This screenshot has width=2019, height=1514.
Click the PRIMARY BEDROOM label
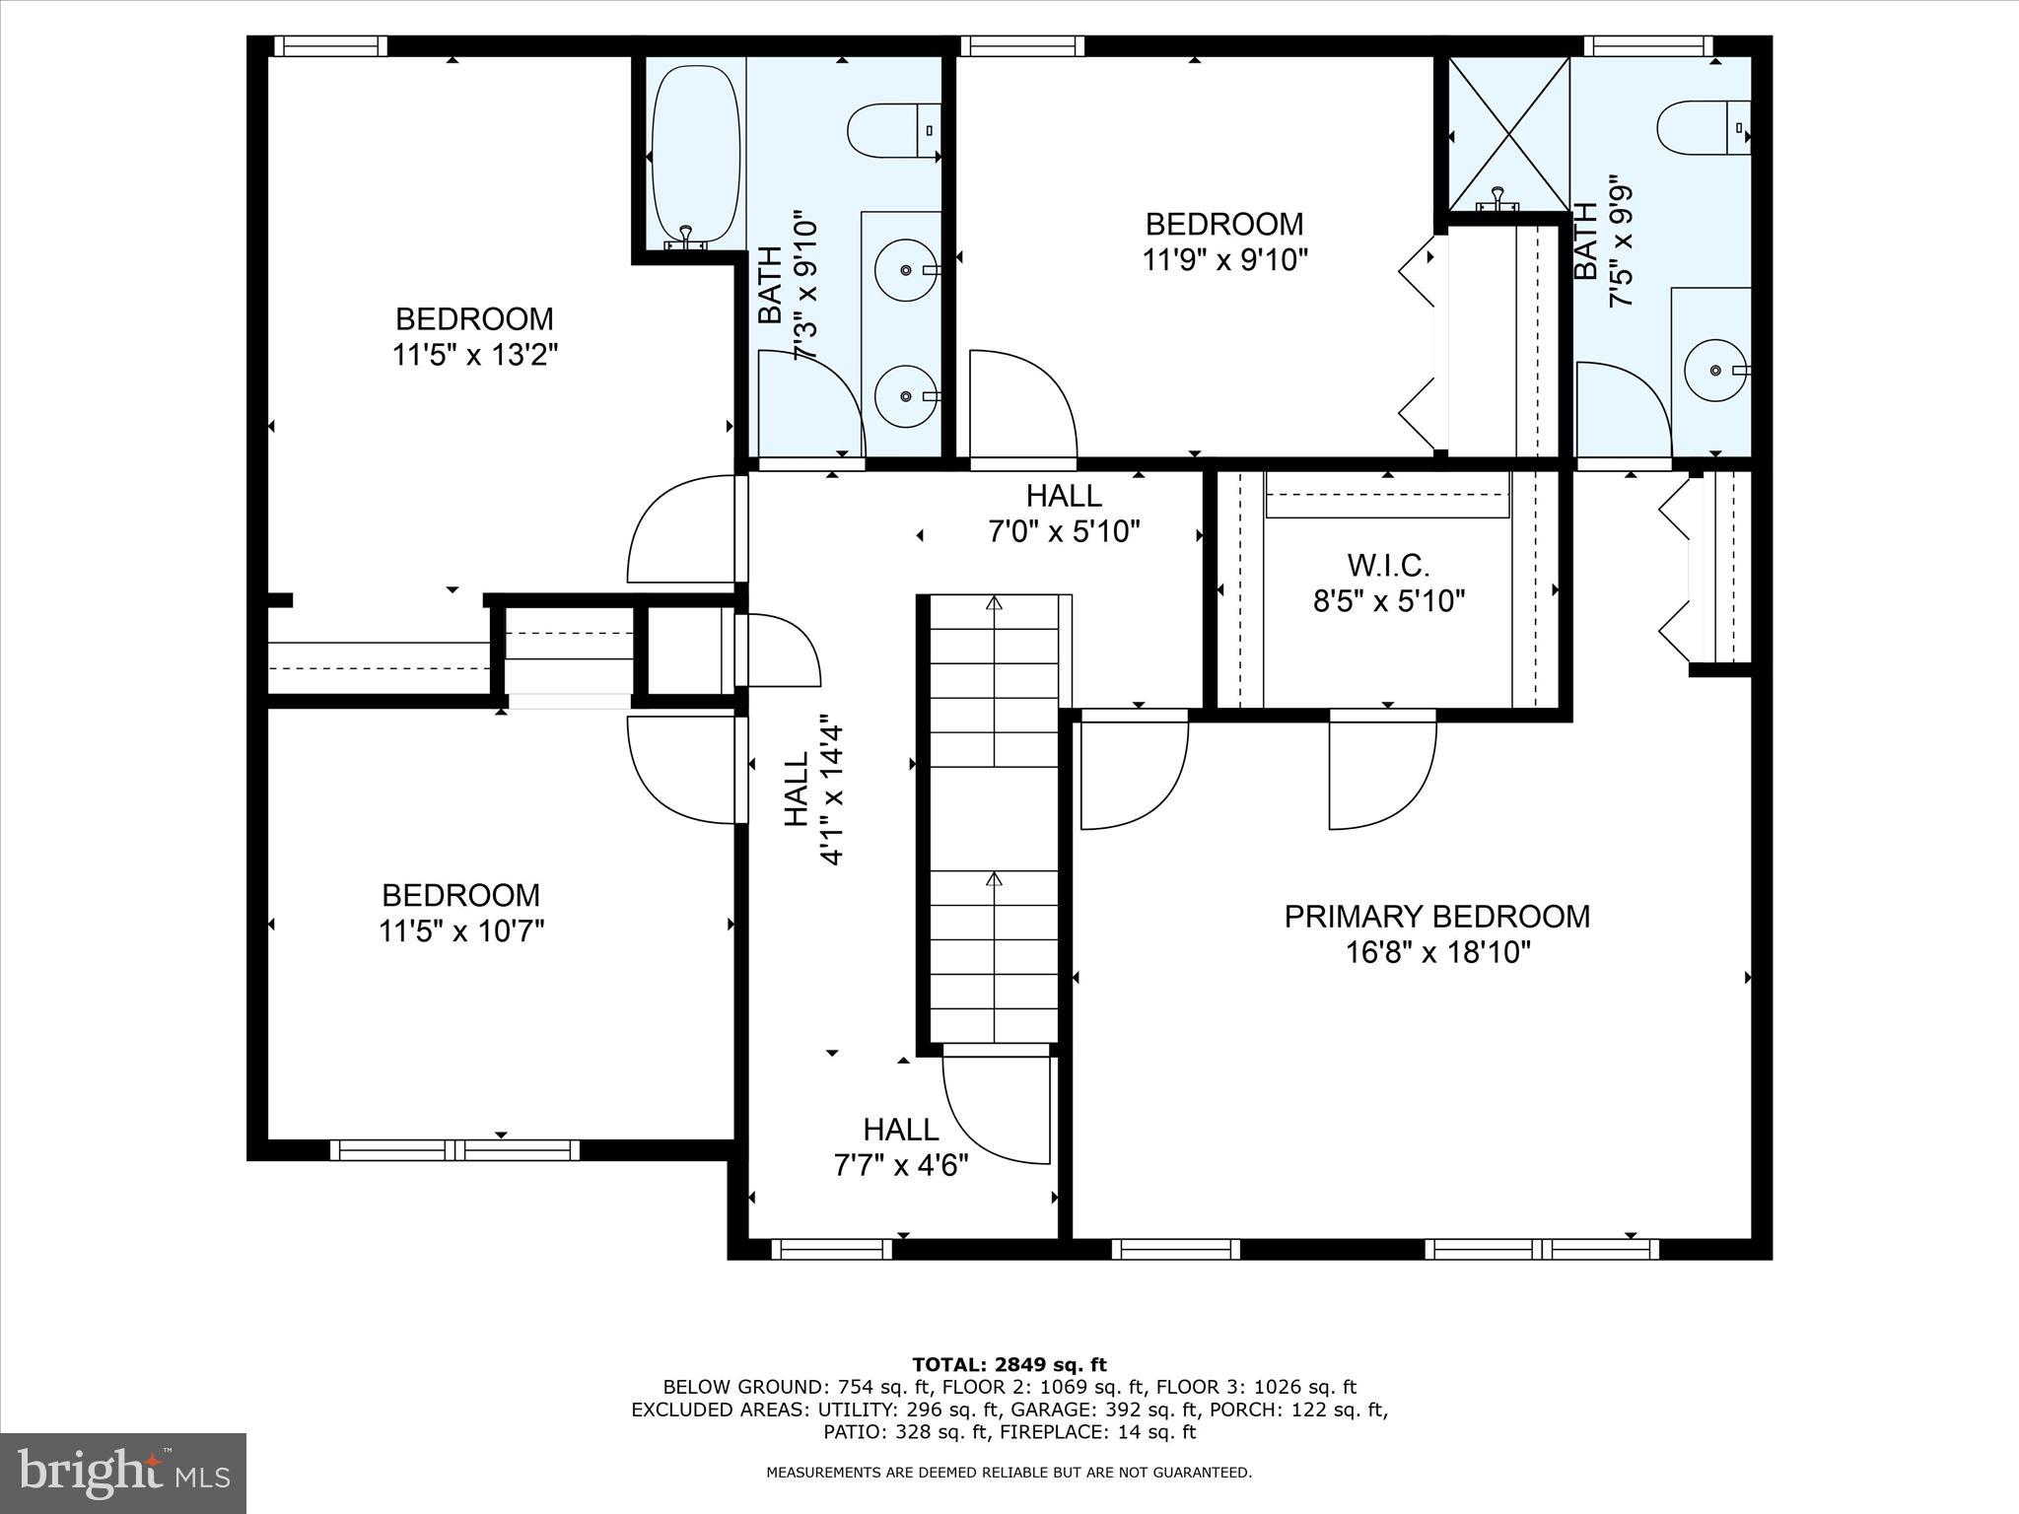(1436, 917)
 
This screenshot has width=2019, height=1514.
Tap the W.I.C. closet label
(1388, 566)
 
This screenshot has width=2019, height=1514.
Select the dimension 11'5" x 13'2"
(475, 355)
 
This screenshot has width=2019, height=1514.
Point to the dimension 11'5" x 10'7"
(461, 930)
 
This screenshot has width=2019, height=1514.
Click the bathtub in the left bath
(695, 153)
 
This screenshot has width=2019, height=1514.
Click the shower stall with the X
(1508, 133)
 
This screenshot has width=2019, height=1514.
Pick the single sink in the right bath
(1715, 370)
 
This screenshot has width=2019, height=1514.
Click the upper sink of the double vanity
(905, 268)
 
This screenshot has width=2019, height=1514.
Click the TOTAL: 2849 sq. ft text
(1009, 1365)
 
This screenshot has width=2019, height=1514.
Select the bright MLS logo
(123, 1473)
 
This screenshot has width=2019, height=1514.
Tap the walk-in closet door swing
(1380, 774)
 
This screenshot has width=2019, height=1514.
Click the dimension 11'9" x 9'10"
(1224, 260)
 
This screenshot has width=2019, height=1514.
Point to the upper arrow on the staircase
(994, 603)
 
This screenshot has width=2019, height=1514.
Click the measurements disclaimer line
(1009, 1473)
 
